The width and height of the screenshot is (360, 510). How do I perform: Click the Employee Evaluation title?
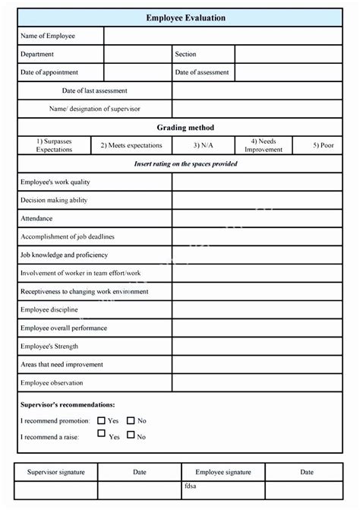point(185,17)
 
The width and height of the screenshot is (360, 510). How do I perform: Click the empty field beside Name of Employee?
point(223,36)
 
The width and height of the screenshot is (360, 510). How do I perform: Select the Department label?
point(37,54)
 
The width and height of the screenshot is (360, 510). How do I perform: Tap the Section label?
point(185,54)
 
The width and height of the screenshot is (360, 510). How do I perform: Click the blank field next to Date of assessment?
point(288,73)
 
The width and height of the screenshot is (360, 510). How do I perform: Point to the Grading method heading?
point(185,128)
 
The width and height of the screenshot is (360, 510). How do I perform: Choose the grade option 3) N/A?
point(202,145)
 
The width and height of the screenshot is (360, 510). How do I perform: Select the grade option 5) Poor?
point(324,145)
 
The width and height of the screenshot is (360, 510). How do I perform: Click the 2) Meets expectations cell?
point(131,145)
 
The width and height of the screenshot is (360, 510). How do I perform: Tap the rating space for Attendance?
point(257,219)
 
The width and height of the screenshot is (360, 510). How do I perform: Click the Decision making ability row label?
point(54,201)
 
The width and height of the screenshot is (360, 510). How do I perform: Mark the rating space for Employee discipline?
point(257,310)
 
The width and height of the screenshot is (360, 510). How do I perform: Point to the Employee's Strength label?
point(50,347)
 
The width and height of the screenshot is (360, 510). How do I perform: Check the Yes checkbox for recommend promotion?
point(102,420)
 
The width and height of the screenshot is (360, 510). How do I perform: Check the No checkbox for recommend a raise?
point(131,435)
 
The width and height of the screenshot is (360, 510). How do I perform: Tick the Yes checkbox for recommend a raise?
point(102,434)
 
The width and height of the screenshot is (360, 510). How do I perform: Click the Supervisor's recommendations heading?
point(68,405)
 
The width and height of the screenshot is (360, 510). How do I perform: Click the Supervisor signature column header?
point(56,472)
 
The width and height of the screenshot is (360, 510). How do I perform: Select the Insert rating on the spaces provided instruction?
point(185,164)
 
